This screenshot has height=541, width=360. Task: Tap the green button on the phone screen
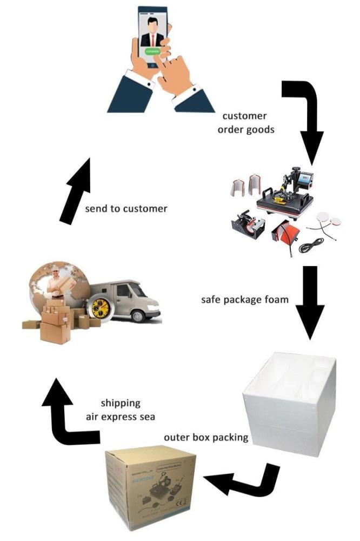152,52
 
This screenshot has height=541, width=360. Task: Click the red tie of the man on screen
152,38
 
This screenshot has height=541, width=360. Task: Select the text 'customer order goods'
244,122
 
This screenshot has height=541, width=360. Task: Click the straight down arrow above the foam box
310,303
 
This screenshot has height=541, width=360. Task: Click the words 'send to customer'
126,208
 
